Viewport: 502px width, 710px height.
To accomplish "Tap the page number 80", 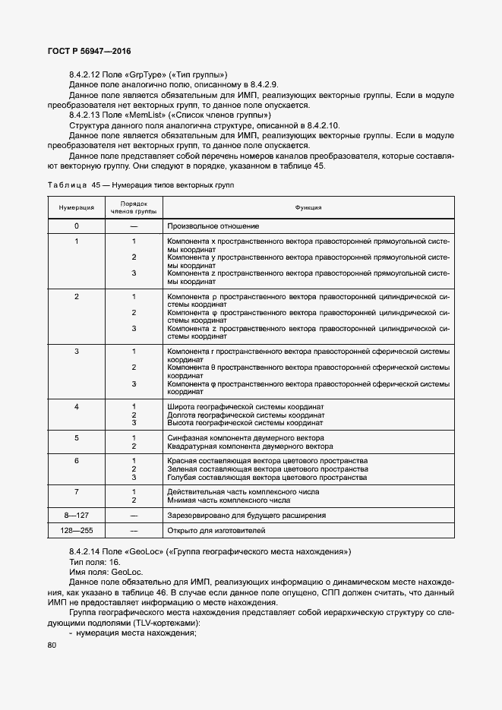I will pyautogui.click(x=52, y=645).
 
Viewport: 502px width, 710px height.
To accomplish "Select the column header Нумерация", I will pyautogui.click(x=76, y=207).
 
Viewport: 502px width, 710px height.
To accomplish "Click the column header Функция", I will pyautogui.click(x=308, y=207).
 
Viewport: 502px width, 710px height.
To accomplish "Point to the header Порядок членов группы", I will pyautogui.click(x=133, y=207).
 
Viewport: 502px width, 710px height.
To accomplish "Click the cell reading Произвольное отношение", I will pyautogui.click(x=213, y=226).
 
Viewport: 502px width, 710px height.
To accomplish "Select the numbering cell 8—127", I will pyautogui.click(x=76, y=515).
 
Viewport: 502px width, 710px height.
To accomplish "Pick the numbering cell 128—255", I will pyautogui.click(x=76, y=530).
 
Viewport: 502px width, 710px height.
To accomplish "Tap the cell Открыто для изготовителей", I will pyautogui.click(x=216, y=530).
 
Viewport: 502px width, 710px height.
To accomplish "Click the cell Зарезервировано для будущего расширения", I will pyautogui.click(x=246, y=515).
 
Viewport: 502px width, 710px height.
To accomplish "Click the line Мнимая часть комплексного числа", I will pyautogui.click(x=229, y=500).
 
